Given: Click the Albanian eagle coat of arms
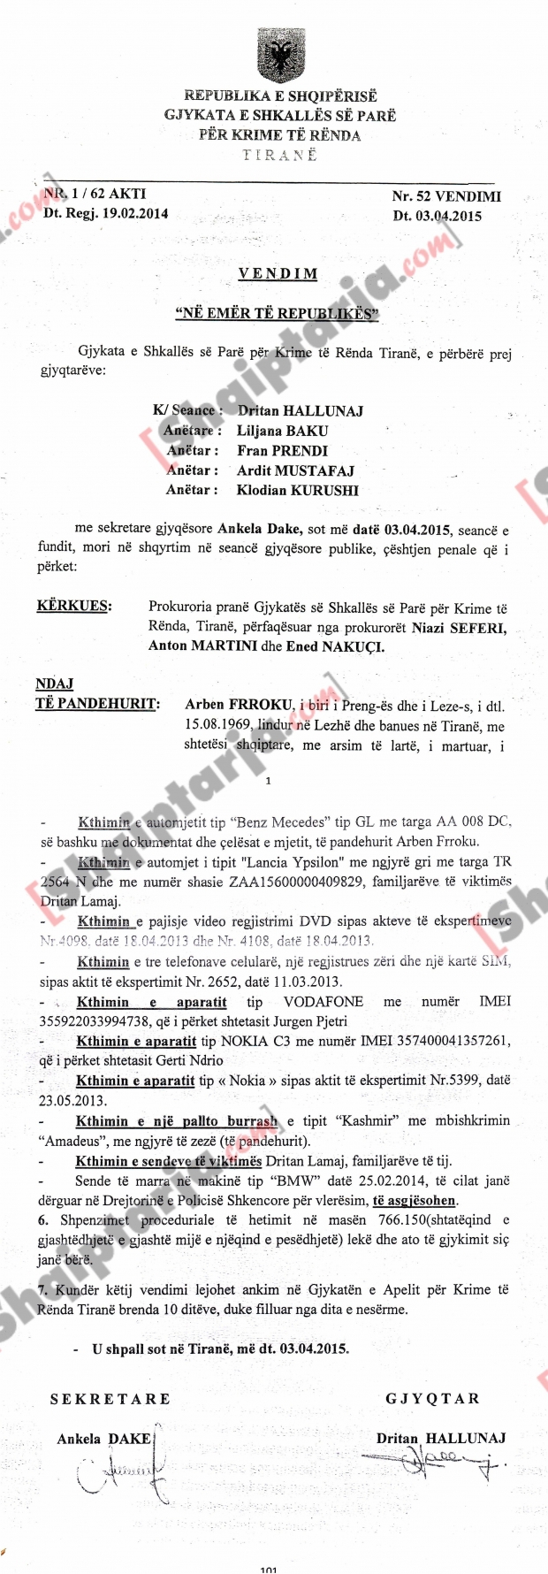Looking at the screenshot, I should coord(279,56).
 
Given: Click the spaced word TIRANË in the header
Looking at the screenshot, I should coord(279,155).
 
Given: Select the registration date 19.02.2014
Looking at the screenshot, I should coord(131,213).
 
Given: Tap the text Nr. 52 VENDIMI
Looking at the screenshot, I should coord(445,196).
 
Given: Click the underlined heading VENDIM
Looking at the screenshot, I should coord(278,274).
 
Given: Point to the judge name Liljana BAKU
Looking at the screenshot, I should coord(282,431).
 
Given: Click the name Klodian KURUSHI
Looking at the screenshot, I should coord(297,490).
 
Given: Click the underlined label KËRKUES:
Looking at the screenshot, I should coord(73,607).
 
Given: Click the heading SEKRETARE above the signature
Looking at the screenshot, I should coord(110,1399).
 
